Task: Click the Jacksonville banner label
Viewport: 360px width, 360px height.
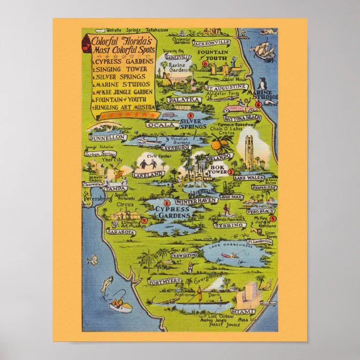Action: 211,43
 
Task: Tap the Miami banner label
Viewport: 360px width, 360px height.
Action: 243,311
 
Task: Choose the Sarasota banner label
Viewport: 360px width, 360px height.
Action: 121,232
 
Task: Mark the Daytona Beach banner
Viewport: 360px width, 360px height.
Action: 242,118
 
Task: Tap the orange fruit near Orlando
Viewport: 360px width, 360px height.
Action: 216,145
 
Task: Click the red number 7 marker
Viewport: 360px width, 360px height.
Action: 144,221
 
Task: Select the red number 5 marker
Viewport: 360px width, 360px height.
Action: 272,218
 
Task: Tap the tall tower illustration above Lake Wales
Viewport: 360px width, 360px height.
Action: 246,148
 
